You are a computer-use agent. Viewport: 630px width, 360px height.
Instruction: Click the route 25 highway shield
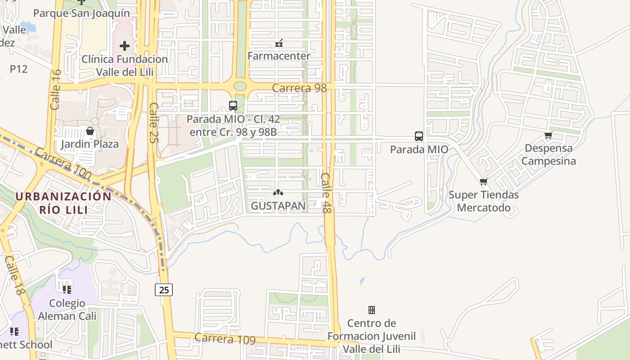[164, 290]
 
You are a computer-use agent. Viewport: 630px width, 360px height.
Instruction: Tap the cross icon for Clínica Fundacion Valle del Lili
[125, 45]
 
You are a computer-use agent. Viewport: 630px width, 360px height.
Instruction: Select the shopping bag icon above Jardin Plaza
[90, 131]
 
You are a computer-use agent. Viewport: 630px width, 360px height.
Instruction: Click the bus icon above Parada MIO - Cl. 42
[233, 106]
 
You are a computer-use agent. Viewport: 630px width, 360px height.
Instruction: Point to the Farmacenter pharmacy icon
[279, 43]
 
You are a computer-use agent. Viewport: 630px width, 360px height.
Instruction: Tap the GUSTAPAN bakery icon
[278, 193]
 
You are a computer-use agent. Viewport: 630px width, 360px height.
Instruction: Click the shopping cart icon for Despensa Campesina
[548, 135]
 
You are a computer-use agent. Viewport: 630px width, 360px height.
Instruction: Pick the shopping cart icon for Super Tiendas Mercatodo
[483, 182]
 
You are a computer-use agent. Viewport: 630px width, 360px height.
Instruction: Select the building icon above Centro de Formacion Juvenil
[372, 310]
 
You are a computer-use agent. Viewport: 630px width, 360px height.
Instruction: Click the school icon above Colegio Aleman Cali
[67, 289]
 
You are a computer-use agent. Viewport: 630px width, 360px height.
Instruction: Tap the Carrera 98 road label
[299, 88]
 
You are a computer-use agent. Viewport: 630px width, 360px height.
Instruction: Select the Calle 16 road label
[56, 90]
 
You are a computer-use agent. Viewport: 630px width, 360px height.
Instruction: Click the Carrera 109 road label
[225, 339]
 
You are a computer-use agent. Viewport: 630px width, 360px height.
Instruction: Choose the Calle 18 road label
[13, 275]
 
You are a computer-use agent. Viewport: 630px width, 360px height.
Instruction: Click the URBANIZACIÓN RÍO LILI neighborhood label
[63, 202]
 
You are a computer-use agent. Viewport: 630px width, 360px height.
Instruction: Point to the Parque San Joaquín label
[81, 13]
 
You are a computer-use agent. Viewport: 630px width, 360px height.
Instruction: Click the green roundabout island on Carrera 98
[240, 85]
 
